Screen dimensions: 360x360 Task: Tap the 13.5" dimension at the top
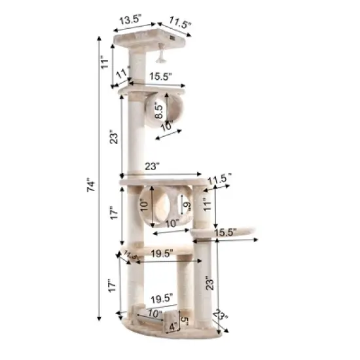tap(128, 21)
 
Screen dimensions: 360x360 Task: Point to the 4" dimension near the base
tap(172, 325)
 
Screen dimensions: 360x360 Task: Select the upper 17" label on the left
tap(114, 215)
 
